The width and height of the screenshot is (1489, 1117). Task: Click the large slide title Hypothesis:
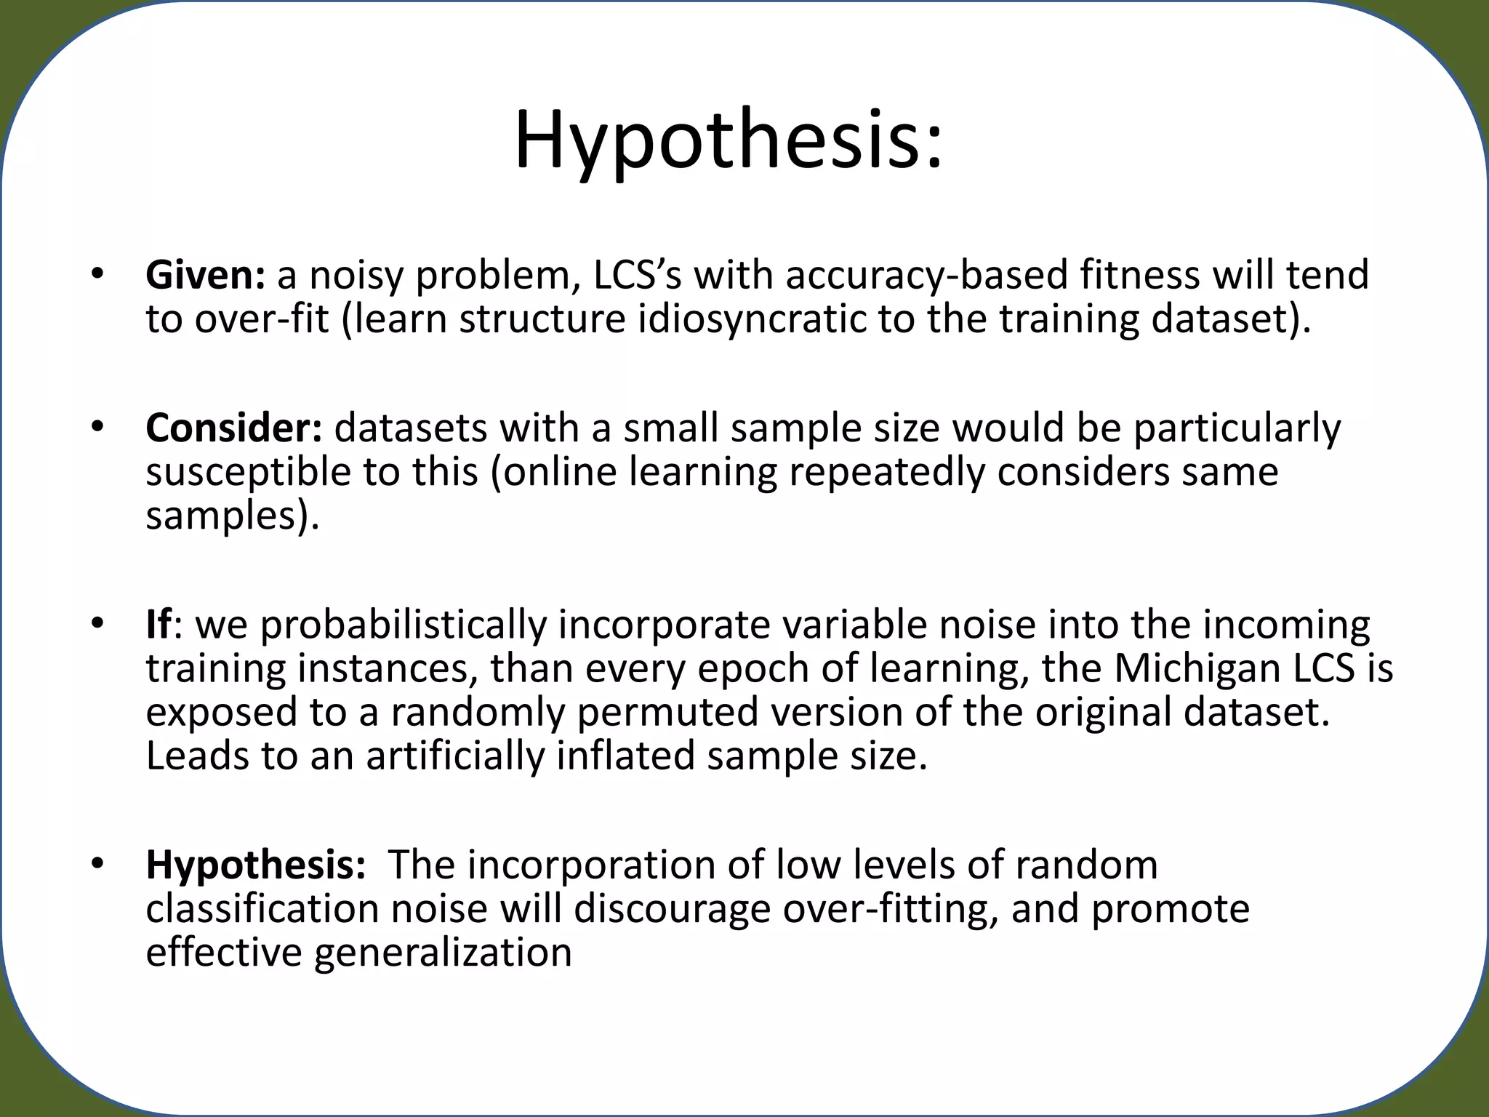pyautogui.click(x=728, y=140)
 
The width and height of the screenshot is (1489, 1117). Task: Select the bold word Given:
pyautogui.click(x=206, y=276)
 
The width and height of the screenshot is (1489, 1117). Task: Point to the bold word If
pyautogui.click(x=158, y=625)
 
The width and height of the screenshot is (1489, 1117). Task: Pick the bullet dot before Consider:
pyautogui.click(x=98, y=428)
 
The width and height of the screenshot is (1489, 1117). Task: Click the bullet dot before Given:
pyautogui.click(x=98, y=276)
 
